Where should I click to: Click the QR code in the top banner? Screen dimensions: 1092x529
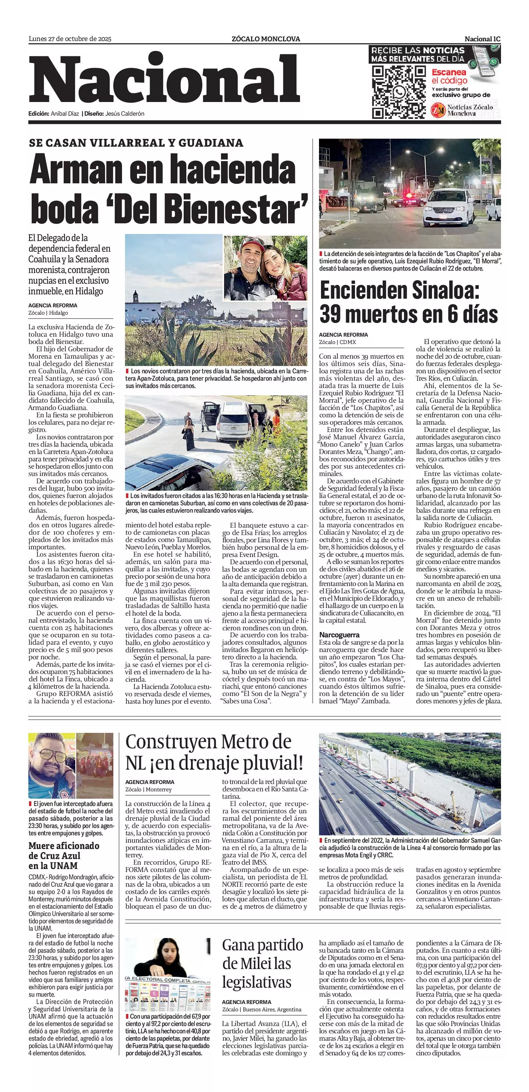point(398,92)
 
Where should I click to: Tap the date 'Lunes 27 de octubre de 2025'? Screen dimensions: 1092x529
point(70,39)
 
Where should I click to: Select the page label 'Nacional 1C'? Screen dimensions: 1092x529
point(482,39)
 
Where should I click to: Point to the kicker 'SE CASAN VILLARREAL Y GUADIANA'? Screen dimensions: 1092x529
point(136,143)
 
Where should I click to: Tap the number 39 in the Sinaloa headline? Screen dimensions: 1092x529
point(333,315)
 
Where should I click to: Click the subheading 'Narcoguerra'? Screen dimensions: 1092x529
point(339,635)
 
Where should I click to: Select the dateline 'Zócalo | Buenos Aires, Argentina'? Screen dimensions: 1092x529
point(262,1009)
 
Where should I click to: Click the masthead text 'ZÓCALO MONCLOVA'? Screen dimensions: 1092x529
point(266,39)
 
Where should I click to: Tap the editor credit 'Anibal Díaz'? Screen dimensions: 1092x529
point(65,114)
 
